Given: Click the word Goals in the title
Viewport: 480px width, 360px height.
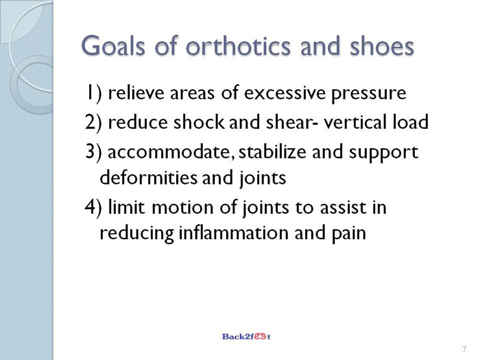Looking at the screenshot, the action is tap(112, 46).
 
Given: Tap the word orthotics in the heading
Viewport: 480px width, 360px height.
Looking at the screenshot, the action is tap(238, 46).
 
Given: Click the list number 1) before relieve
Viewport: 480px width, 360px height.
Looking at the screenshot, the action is tap(94, 93).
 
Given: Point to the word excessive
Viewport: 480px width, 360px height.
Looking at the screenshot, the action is tap(285, 93).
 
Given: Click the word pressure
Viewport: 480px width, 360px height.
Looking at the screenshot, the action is tap(369, 95).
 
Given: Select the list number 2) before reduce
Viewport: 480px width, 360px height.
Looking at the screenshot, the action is tap(93, 122).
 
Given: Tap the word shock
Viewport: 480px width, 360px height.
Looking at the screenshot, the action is tap(199, 122).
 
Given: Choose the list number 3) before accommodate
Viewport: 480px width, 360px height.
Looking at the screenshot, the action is tap(93, 152).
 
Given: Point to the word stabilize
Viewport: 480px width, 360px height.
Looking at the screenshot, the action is tap(272, 152).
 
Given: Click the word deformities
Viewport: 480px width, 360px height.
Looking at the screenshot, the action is tap(149, 177).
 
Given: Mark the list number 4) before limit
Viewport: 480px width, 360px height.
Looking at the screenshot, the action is tap(93, 207).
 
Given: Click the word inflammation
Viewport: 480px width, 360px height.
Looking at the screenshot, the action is tap(233, 232).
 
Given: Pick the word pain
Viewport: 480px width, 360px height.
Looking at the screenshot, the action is tap(349, 235).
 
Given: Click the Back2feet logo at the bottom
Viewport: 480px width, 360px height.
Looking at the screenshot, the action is tap(246, 337).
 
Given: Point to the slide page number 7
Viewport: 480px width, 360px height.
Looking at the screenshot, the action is tap(464, 349).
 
